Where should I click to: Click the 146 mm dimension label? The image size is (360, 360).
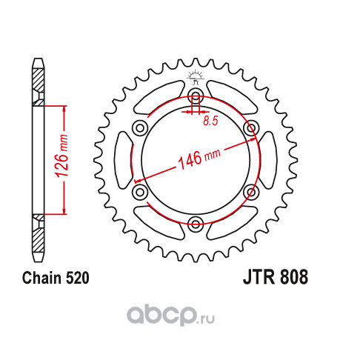(x=199, y=159)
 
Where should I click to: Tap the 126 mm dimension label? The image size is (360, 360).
(x=61, y=156)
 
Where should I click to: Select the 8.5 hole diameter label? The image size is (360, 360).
(x=210, y=121)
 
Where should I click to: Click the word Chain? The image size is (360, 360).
(x=41, y=278)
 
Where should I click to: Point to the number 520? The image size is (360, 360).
(x=77, y=278)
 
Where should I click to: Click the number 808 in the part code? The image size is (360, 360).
(x=294, y=277)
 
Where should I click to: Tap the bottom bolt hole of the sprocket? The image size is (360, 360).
(x=196, y=224)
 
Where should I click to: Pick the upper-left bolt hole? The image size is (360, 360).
(x=140, y=128)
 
